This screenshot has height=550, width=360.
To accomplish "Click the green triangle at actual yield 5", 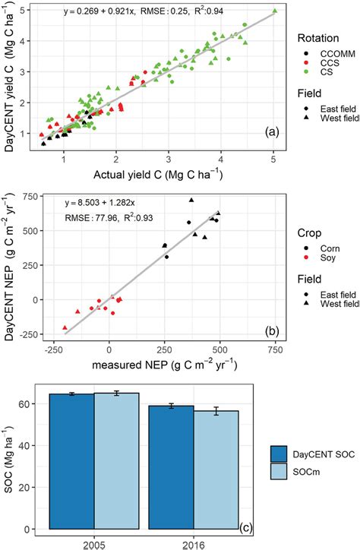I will pos(273,11).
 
